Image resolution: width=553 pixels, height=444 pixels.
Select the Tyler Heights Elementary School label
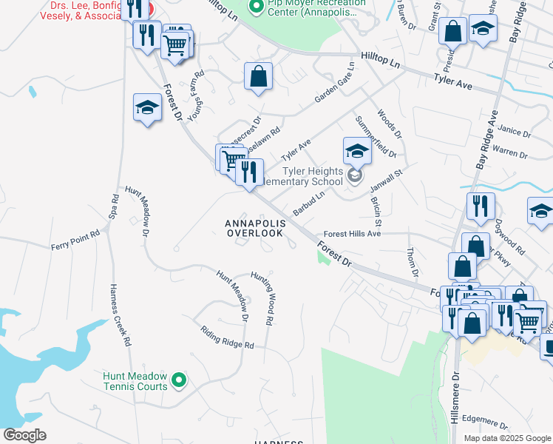tap(305, 178)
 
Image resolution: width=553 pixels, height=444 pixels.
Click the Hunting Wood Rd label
tap(267, 297)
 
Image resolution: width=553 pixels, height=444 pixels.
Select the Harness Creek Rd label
tap(120, 315)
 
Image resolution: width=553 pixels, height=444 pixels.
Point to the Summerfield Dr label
tap(376, 136)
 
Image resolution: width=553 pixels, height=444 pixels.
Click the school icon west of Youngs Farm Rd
tap(147, 108)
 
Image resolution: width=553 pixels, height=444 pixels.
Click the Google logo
tap(24, 435)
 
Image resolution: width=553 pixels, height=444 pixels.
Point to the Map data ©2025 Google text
tap(506, 438)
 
